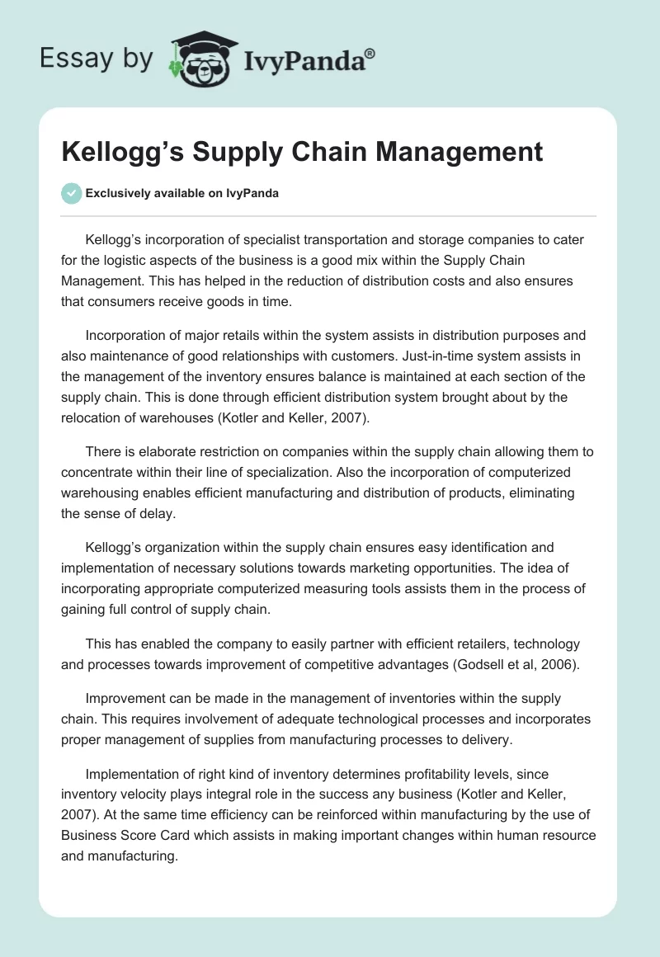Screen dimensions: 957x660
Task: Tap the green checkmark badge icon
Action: [72, 193]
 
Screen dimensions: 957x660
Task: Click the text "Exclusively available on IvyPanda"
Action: [181, 194]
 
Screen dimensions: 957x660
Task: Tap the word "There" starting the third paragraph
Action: [102, 451]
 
